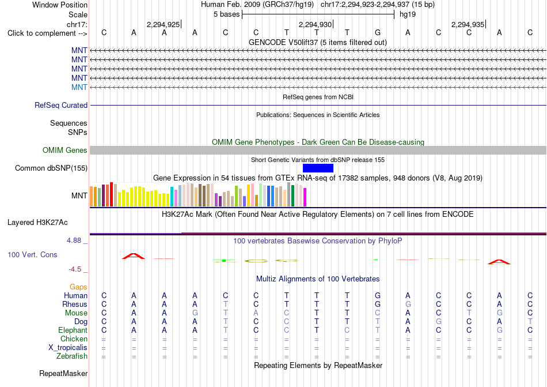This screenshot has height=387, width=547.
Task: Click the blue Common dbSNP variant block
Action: [318, 168]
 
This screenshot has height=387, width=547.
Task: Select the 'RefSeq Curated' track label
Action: [61, 105]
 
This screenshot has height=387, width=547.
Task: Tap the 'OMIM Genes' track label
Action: [65, 150]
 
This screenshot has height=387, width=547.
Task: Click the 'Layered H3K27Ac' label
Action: [37, 223]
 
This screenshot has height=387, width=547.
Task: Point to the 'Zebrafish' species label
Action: [72, 356]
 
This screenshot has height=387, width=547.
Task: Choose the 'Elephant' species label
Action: [73, 330]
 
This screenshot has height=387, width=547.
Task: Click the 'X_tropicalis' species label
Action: [68, 348]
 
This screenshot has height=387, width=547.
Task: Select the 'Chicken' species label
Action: [74, 339]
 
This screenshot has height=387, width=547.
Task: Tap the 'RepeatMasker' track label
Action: [63, 373]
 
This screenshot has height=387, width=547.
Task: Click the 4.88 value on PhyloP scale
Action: [74, 241]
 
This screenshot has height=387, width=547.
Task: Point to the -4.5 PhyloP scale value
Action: [75, 269]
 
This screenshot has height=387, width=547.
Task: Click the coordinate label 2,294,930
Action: [316, 24]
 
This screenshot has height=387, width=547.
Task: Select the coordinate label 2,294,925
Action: [164, 24]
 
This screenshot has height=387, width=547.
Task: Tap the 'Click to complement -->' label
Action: [47, 33]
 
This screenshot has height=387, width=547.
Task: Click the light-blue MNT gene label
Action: [79, 87]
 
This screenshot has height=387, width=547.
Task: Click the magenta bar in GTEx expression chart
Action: [305, 197]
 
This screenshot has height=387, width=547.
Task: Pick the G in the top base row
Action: [378, 33]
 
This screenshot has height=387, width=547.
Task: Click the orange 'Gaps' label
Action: [78, 287]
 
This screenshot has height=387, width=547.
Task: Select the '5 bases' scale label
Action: [227, 14]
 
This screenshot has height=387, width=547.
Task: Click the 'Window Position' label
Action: [60, 5]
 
